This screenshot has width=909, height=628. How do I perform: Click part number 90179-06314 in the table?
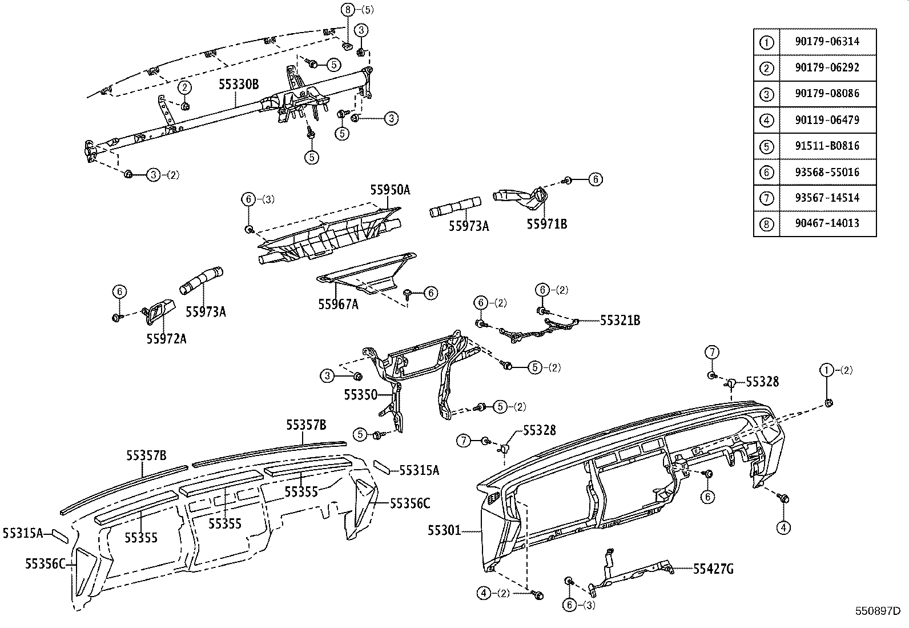click(x=826, y=42)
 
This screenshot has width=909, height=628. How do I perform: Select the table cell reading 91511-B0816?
click(x=826, y=146)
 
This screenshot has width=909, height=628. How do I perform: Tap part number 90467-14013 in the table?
click(x=826, y=223)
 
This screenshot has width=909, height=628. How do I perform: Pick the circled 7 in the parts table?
click(x=766, y=198)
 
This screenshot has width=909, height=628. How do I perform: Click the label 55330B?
click(x=238, y=85)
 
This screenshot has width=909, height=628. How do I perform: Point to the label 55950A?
click(x=390, y=190)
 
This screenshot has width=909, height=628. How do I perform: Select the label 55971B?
click(x=546, y=224)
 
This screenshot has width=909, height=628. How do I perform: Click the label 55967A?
click(x=338, y=304)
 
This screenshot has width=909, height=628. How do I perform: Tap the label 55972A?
click(x=166, y=338)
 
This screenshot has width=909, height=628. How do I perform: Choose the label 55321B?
click(x=620, y=321)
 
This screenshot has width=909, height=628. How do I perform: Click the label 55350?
click(x=360, y=394)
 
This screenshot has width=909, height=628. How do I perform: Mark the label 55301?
click(x=444, y=531)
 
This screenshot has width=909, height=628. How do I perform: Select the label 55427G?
click(x=713, y=569)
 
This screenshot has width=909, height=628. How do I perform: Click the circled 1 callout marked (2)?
click(x=826, y=370)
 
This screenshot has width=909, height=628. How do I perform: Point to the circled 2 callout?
click(x=185, y=87)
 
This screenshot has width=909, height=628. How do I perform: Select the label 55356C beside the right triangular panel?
click(x=410, y=503)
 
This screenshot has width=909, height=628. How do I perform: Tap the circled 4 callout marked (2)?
click(x=484, y=593)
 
